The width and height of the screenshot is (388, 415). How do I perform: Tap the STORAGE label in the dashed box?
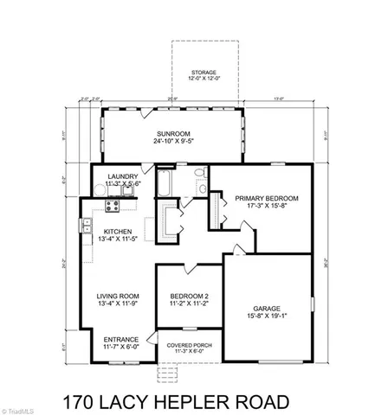pyautogui.click(x=204, y=73)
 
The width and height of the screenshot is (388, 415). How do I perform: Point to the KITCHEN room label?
pyautogui.click(x=118, y=232)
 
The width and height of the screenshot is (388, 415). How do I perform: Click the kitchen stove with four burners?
pyautogui.click(x=111, y=206)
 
